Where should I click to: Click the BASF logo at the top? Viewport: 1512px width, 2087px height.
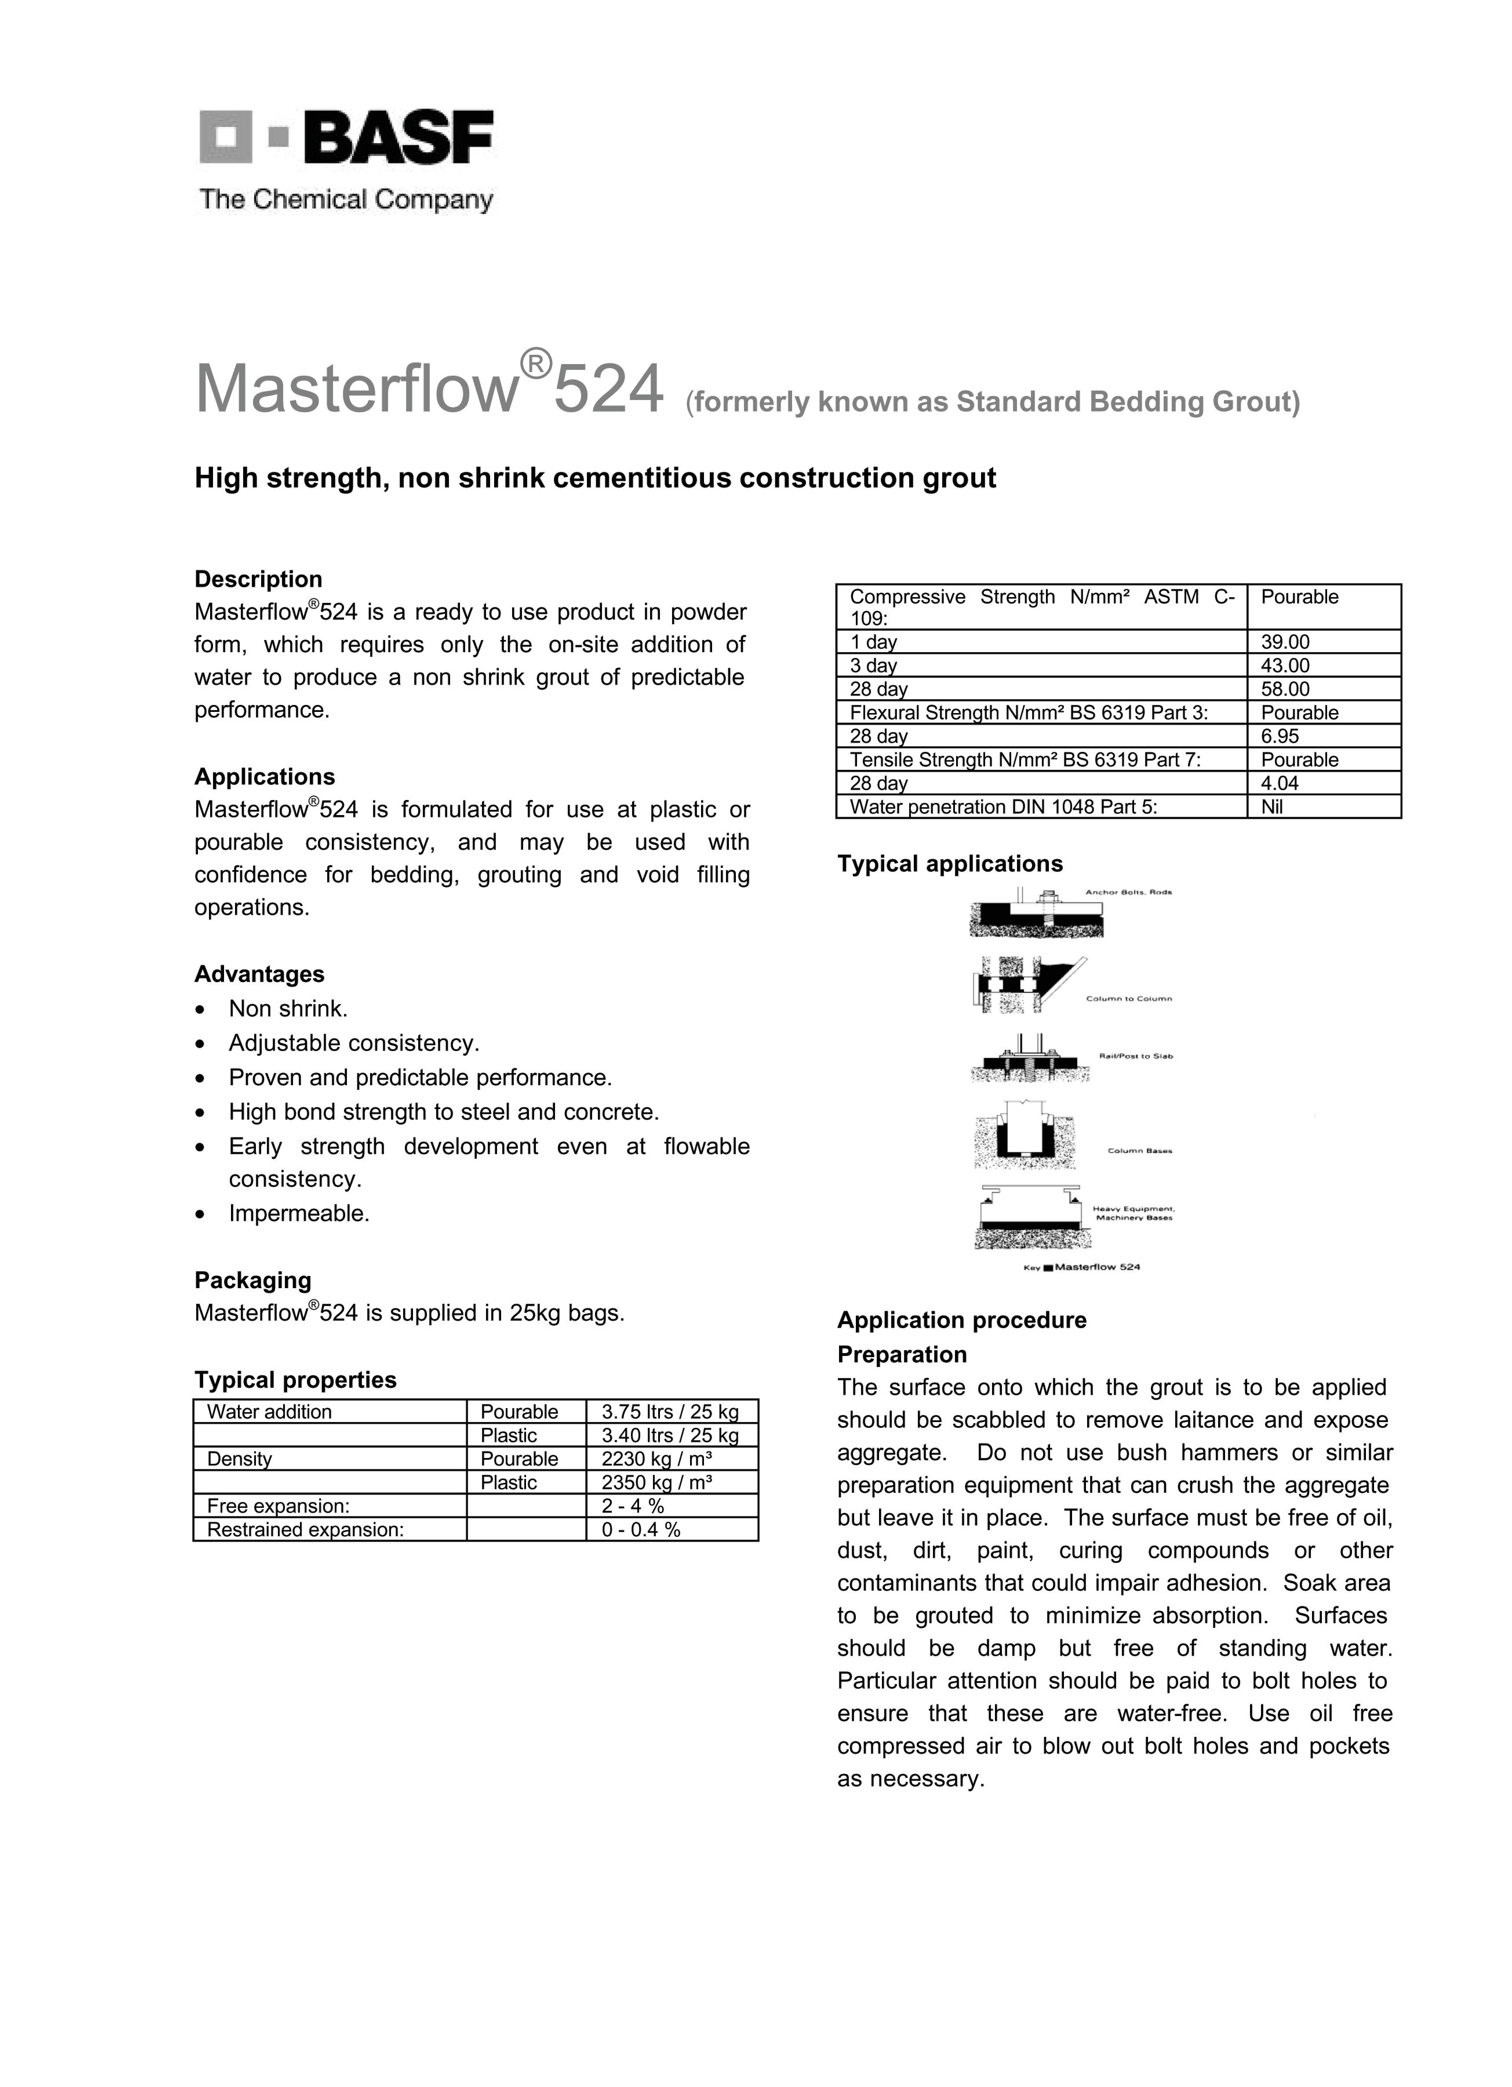click(346, 138)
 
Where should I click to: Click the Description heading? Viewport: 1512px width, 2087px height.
click(258, 579)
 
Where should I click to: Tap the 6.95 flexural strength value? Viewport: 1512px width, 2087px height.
click(1280, 736)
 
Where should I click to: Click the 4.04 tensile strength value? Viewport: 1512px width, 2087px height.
click(1280, 783)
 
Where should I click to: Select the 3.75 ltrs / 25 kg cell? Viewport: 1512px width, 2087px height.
click(670, 1412)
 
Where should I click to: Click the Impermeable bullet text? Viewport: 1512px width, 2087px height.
click(299, 1214)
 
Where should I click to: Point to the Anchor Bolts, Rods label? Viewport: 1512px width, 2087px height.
click(1128, 892)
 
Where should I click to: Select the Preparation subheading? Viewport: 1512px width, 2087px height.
click(902, 1355)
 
